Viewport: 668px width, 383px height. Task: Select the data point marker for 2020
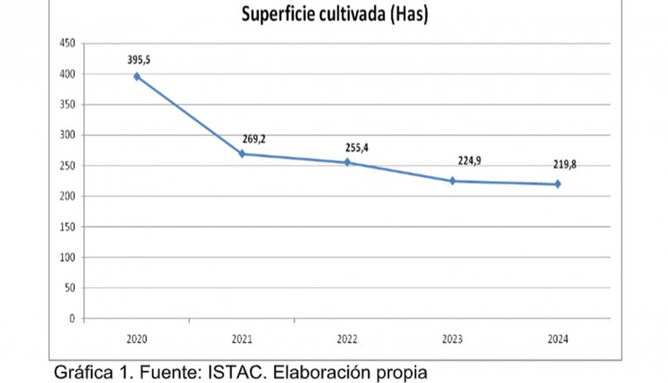click(137, 77)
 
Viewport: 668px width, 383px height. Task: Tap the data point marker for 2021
click(242, 154)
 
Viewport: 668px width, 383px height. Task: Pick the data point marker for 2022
click(347, 163)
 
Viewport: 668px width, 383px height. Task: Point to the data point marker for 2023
click(453, 181)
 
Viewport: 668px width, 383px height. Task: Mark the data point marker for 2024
click(557, 184)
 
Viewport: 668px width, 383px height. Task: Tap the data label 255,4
click(357, 148)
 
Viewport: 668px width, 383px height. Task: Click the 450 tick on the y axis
click(67, 44)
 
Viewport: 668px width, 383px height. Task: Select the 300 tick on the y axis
click(67, 135)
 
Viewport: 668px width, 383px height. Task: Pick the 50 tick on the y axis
click(70, 288)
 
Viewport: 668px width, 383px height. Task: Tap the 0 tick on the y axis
click(72, 319)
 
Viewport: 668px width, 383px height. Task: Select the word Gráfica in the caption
click(85, 373)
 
